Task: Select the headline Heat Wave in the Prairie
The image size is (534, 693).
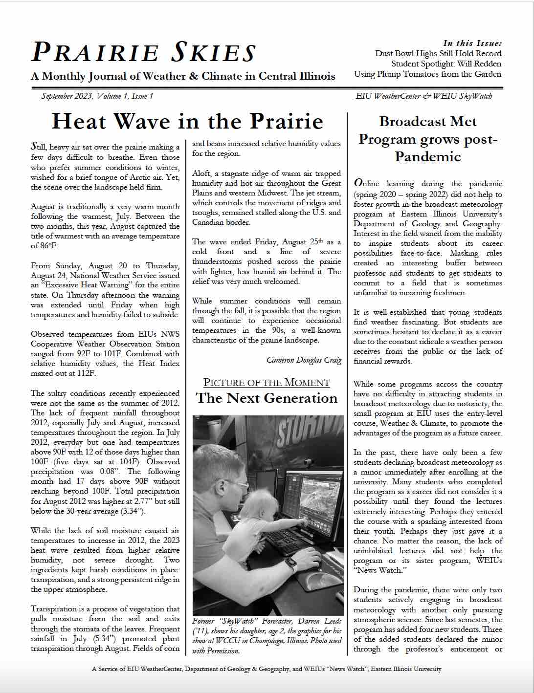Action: coord(187,121)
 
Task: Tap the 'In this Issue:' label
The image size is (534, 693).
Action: coord(472,43)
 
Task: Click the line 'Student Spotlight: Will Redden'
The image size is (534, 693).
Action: coord(446,64)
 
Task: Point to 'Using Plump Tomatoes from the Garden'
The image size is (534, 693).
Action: coord(427,74)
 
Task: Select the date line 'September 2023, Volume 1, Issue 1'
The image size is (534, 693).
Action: coord(97,96)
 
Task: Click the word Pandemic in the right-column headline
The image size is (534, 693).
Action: coord(428,157)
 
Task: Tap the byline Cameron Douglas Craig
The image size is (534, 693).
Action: coord(304,360)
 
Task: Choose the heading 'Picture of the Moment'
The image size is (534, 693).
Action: coord(267,383)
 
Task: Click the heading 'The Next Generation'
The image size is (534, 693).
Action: coord(267,398)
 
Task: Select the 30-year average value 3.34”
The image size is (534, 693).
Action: coord(132,511)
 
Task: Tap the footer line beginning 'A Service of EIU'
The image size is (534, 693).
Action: coord(267,669)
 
